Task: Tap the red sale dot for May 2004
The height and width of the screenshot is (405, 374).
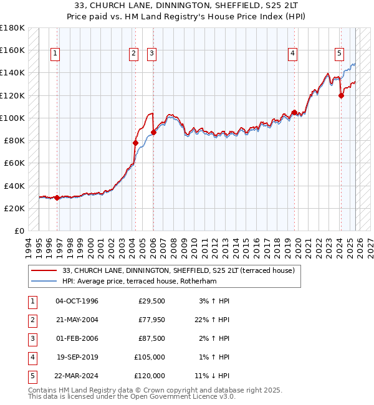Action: [135, 143]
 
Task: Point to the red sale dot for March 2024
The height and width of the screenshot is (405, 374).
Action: [341, 95]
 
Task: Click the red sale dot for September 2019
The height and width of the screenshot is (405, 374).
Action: [294, 112]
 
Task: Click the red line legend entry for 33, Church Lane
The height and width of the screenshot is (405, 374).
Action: [182, 270]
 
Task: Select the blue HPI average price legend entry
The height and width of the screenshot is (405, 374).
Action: [147, 281]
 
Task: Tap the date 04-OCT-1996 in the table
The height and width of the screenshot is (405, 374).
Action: [77, 301]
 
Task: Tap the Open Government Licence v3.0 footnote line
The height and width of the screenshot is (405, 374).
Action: [133, 396]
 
